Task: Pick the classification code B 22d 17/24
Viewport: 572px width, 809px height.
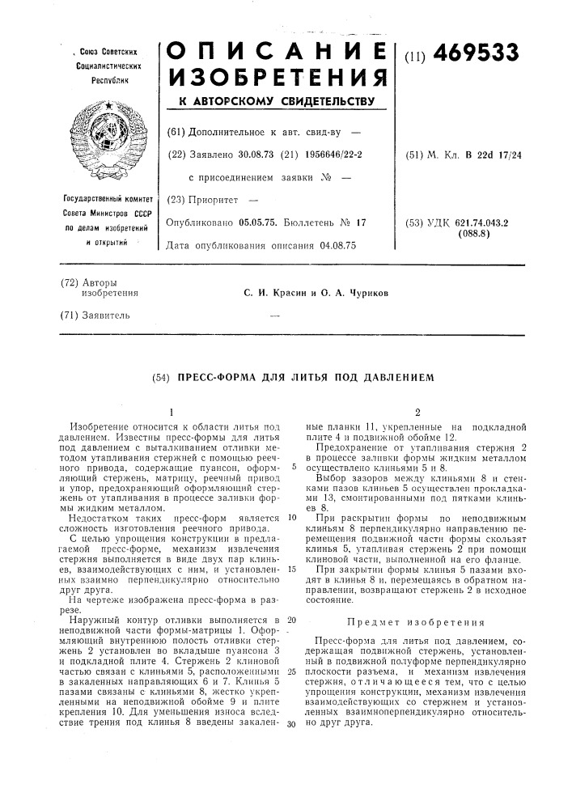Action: [489, 155]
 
